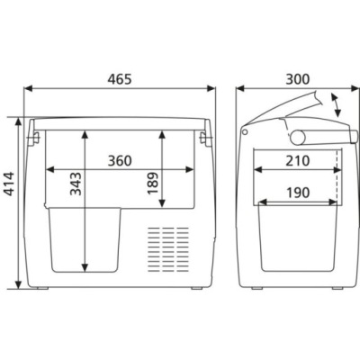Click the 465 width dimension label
click(x=120, y=79)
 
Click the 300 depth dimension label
click(x=297, y=79)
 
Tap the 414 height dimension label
click(x=11, y=184)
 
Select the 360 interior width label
click(x=120, y=161)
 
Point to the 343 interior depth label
click(x=76, y=184)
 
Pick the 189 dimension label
click(x=153, y=184)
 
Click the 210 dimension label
click(x=297, y=161)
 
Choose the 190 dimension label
click(x=297, y=193)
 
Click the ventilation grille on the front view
click(x=168, y=249)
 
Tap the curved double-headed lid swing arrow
click(x=337, y=105)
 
